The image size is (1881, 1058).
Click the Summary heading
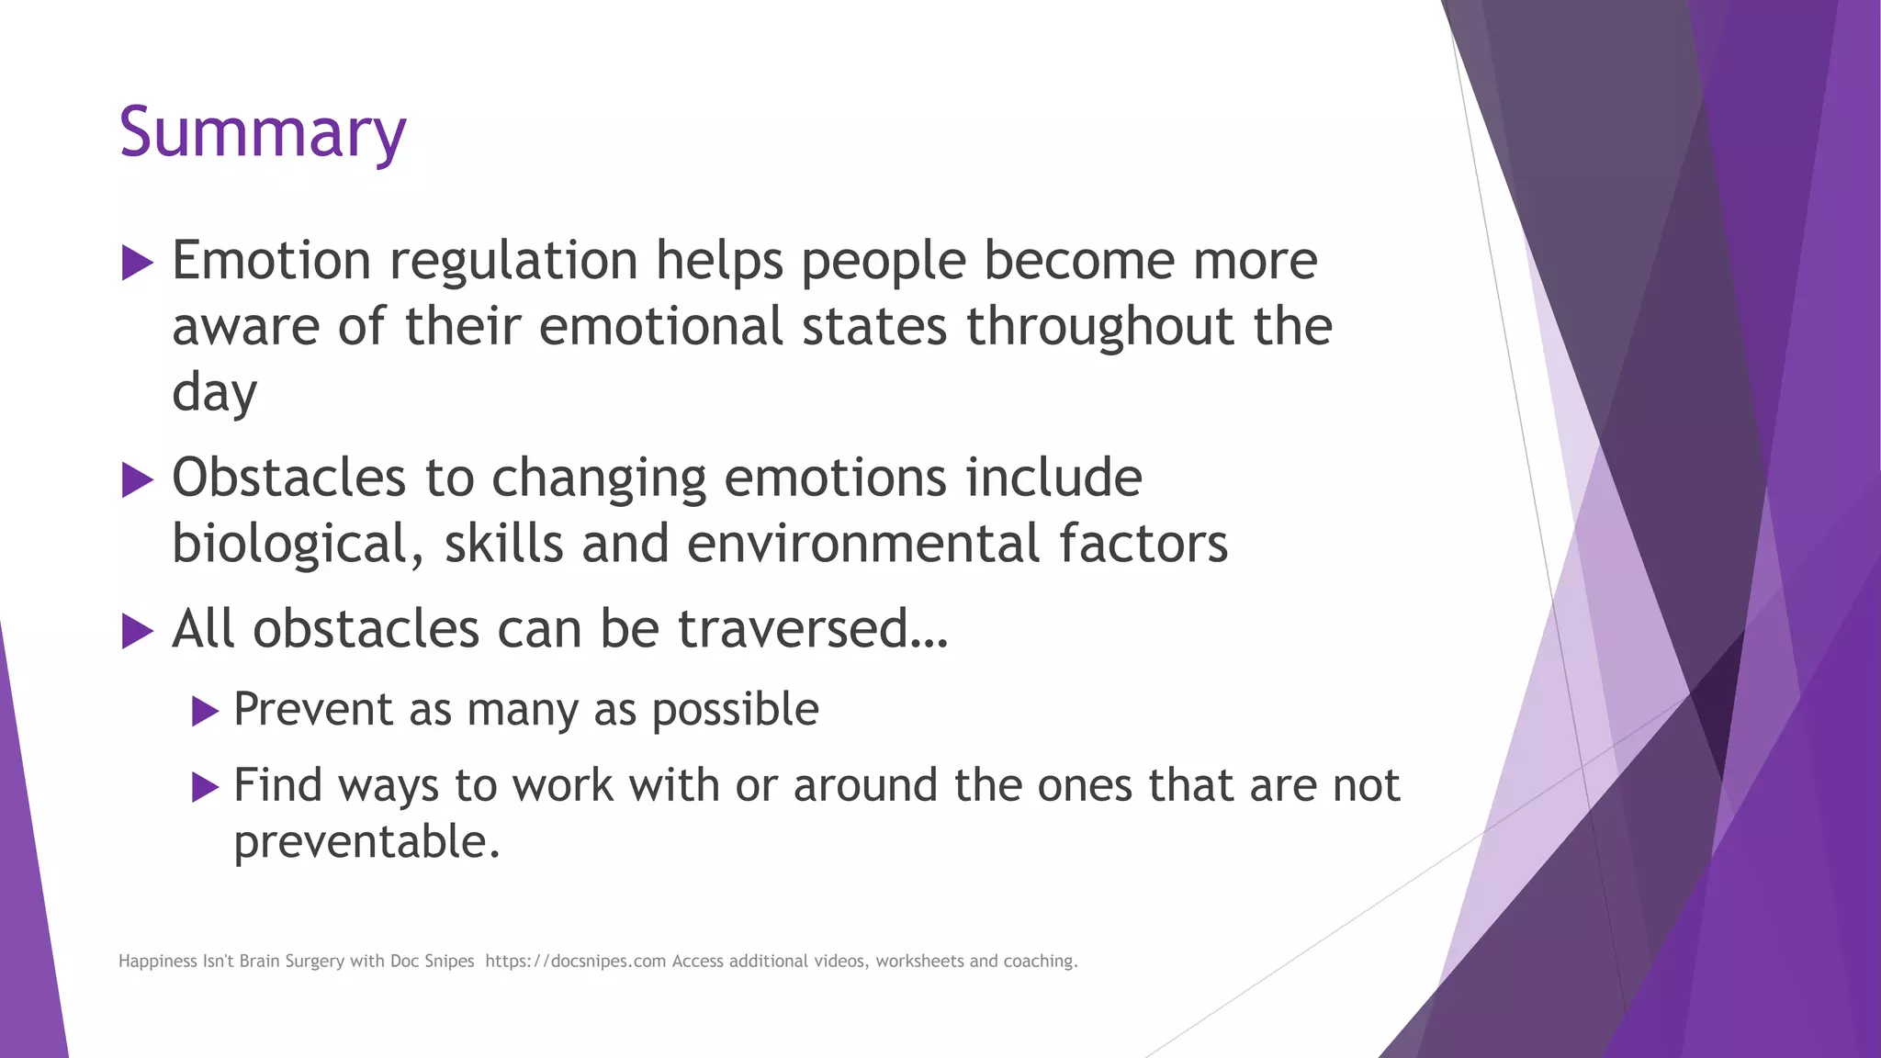coord(262,133)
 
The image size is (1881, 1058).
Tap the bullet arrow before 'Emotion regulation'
coord(137,263)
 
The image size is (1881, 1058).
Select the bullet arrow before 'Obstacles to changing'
coord(137,479)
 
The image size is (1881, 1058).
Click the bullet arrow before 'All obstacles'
coord(137,631)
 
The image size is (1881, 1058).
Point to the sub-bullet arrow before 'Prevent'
coord(205,711)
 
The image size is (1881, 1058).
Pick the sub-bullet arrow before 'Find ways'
coord(205,787)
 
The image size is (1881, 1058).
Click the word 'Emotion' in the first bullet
coord(271,260)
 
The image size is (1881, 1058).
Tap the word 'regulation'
coord(513,262)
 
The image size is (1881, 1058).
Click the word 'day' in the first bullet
coord(214,394)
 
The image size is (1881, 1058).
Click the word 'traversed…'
coord(812,630)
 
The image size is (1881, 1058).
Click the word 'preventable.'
coord(366,842)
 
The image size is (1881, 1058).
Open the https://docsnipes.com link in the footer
coord(575,961)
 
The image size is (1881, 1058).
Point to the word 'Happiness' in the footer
coord(157,961)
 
